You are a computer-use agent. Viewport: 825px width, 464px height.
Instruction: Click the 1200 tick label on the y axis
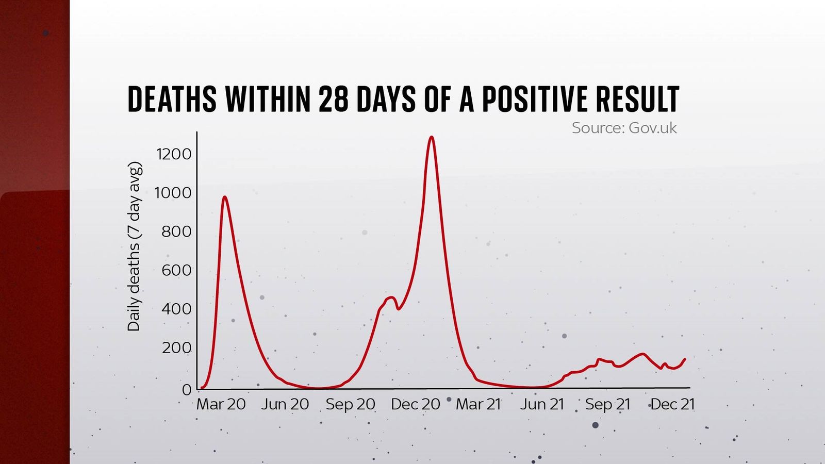[x=174, y=154]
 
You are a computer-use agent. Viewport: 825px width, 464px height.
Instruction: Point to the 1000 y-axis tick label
[x=173, y=193]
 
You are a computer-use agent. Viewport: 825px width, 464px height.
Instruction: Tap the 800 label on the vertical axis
[x=176, y=231]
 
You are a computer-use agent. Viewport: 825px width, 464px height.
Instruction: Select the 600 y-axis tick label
[x=176, y=270]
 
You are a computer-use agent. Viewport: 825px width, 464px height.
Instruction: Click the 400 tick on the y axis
[x=176, y=309]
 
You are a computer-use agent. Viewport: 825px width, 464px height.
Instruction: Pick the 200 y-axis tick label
[x=176, y=348]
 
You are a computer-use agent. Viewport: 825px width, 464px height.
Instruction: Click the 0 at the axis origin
[x=187, y=390]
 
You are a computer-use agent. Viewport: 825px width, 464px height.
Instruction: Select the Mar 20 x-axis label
[x=221, y=404]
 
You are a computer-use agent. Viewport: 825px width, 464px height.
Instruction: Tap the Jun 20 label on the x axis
[x=285, y=404]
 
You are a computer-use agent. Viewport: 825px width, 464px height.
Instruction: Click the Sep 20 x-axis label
[x=351, y=404]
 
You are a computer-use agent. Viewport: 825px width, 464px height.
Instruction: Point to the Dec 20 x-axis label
[x=416, y=404]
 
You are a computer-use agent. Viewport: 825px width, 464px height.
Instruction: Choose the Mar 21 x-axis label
[x=478, y=404]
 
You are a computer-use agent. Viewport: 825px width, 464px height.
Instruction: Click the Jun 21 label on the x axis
[x=542, y=404]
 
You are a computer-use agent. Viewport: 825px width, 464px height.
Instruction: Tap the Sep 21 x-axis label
[x=608, y=404]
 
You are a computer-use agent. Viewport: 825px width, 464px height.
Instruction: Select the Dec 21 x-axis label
[x=673, y=404]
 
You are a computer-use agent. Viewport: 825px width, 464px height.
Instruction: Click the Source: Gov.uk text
[x=624, y=128]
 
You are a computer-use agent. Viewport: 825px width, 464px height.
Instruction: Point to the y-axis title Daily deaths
[x=134, y=247]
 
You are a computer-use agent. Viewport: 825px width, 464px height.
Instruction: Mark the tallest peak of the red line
[x=432, y=137]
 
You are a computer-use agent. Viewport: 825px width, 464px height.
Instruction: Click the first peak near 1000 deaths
[x=225, y=197]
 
